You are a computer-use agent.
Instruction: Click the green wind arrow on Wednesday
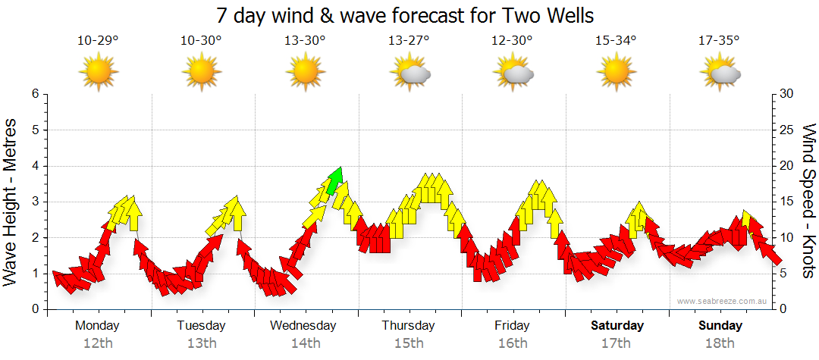(x=335, y=180)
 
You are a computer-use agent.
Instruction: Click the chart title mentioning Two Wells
(x=405, y=14)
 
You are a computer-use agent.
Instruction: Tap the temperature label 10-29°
(x=98, y=40)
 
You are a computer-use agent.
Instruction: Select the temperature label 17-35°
(x=718, y=40)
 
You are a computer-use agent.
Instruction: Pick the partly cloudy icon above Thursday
(x=410, y=73)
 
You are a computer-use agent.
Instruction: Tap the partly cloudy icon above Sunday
(x=720, y=73)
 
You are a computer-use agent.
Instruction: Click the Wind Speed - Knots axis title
(x=808, y=201)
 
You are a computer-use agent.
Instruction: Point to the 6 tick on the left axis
(x=35, y=94)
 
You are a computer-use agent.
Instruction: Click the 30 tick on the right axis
(x=788, y=94)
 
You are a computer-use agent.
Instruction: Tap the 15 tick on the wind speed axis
(x=787, y=202)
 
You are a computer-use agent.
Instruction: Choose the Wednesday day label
(x=303, y=326)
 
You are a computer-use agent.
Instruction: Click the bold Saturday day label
(x=617, y=326)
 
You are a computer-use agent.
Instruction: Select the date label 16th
(x=513, y=343)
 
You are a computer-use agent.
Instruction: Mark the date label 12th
(x=98, y=343)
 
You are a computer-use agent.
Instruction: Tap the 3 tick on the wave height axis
(x=35, y=202)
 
